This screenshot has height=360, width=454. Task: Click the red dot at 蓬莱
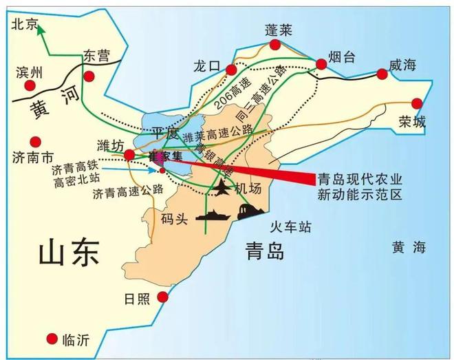pyautogui.click(x=275, y=45)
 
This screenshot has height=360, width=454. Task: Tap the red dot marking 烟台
pyautogui.click(x=321, y=64)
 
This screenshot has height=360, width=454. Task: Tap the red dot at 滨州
pyautogui.click(x=30, y=85)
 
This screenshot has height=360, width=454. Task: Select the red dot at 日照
pyautogui.click(x=163, y=297)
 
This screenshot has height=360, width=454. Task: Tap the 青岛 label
pyautogui.click(x=264, y=252)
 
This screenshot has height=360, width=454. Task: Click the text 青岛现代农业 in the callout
pyautogui.click(x=358, y=179)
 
